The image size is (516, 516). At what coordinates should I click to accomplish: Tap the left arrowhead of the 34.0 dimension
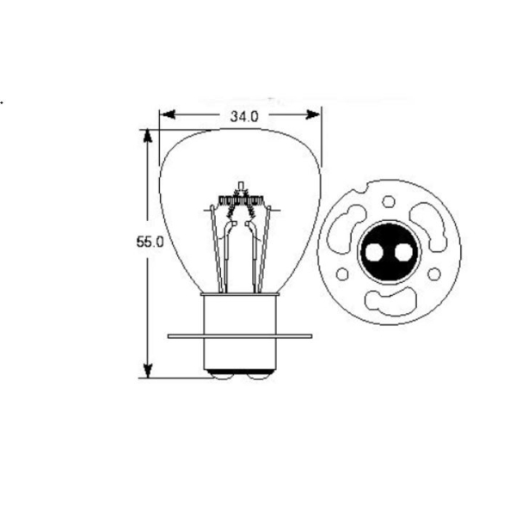click(166, 115)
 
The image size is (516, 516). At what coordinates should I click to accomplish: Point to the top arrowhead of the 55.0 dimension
click(148, 136)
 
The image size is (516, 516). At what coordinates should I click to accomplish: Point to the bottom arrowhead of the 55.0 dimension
click(148, 371)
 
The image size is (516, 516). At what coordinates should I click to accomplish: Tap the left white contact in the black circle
click(376, 253)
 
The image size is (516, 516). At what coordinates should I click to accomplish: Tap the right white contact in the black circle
click(402, 253)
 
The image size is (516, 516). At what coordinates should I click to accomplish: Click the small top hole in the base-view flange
click(389, 202)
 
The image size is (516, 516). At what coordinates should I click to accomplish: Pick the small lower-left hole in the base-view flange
click(343, 274)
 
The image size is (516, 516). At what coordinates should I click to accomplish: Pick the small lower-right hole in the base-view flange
click(434, 274)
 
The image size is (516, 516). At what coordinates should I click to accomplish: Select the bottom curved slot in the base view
click(389, 300)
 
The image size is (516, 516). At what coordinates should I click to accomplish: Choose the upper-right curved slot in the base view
click(427, 225)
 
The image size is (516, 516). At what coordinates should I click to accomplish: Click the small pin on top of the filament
click(242, 184)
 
